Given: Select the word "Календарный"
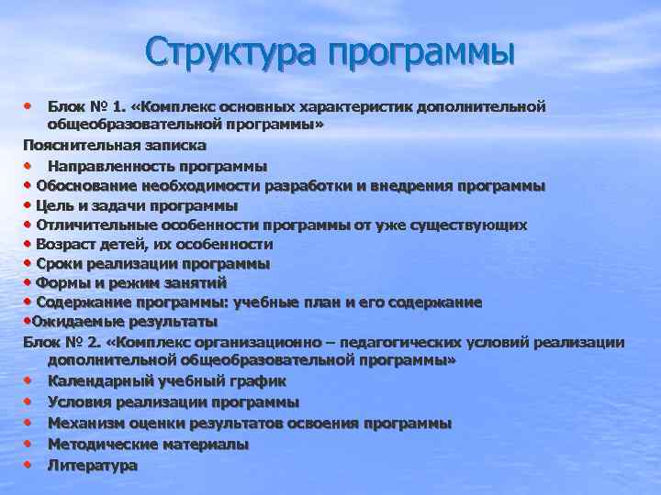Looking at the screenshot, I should (x=98, y=380).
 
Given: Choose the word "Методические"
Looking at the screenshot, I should (x=102, y=444).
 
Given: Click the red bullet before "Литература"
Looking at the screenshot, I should (x=28, y=464).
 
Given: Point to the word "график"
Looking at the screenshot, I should (x=260, y=380).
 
